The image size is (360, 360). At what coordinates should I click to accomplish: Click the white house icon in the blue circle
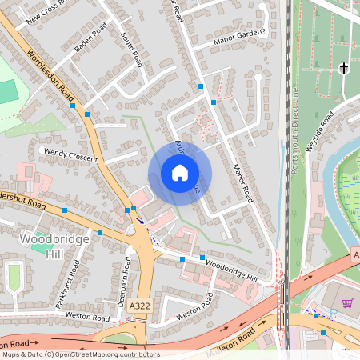click(x=180, y=173)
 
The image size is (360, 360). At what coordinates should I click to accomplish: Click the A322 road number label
click(x=139, y=306)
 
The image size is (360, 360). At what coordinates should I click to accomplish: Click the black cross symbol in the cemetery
click(x=345, y=68)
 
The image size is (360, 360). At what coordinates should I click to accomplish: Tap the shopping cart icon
click(x=347, y=303)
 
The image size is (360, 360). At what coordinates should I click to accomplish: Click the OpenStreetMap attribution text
click(x=80, y=354)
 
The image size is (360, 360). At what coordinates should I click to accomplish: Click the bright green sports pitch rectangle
click(x=7, y=91)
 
